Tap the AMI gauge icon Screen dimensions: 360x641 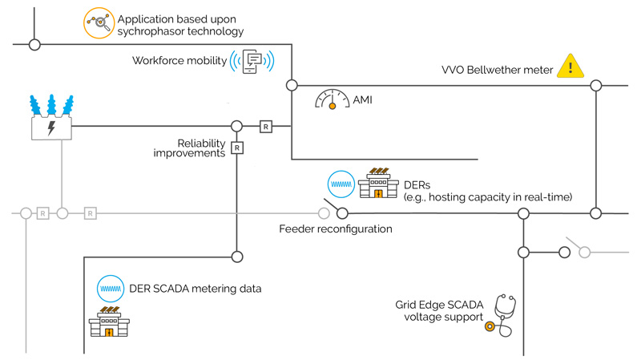[x=331, y=99]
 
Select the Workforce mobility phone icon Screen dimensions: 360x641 [x=252, y=61]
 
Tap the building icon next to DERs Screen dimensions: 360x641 [x=379, y=184]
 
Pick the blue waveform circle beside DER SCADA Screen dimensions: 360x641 [x=109, y=287]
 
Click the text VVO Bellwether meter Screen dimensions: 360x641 [x=498, y=70]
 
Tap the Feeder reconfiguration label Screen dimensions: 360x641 [x=336, y=229]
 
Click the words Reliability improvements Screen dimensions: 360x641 [x=189, y=148]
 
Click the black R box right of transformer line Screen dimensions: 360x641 [x=265, y=127]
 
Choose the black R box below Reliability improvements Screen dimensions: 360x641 [x=237, y=148]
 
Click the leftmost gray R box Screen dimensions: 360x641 [x=43, y=213]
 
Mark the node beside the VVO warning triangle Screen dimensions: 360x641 [x=595, y=85]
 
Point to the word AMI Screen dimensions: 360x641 [x=363, y=101]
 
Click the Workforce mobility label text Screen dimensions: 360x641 [x=179, y=61]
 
